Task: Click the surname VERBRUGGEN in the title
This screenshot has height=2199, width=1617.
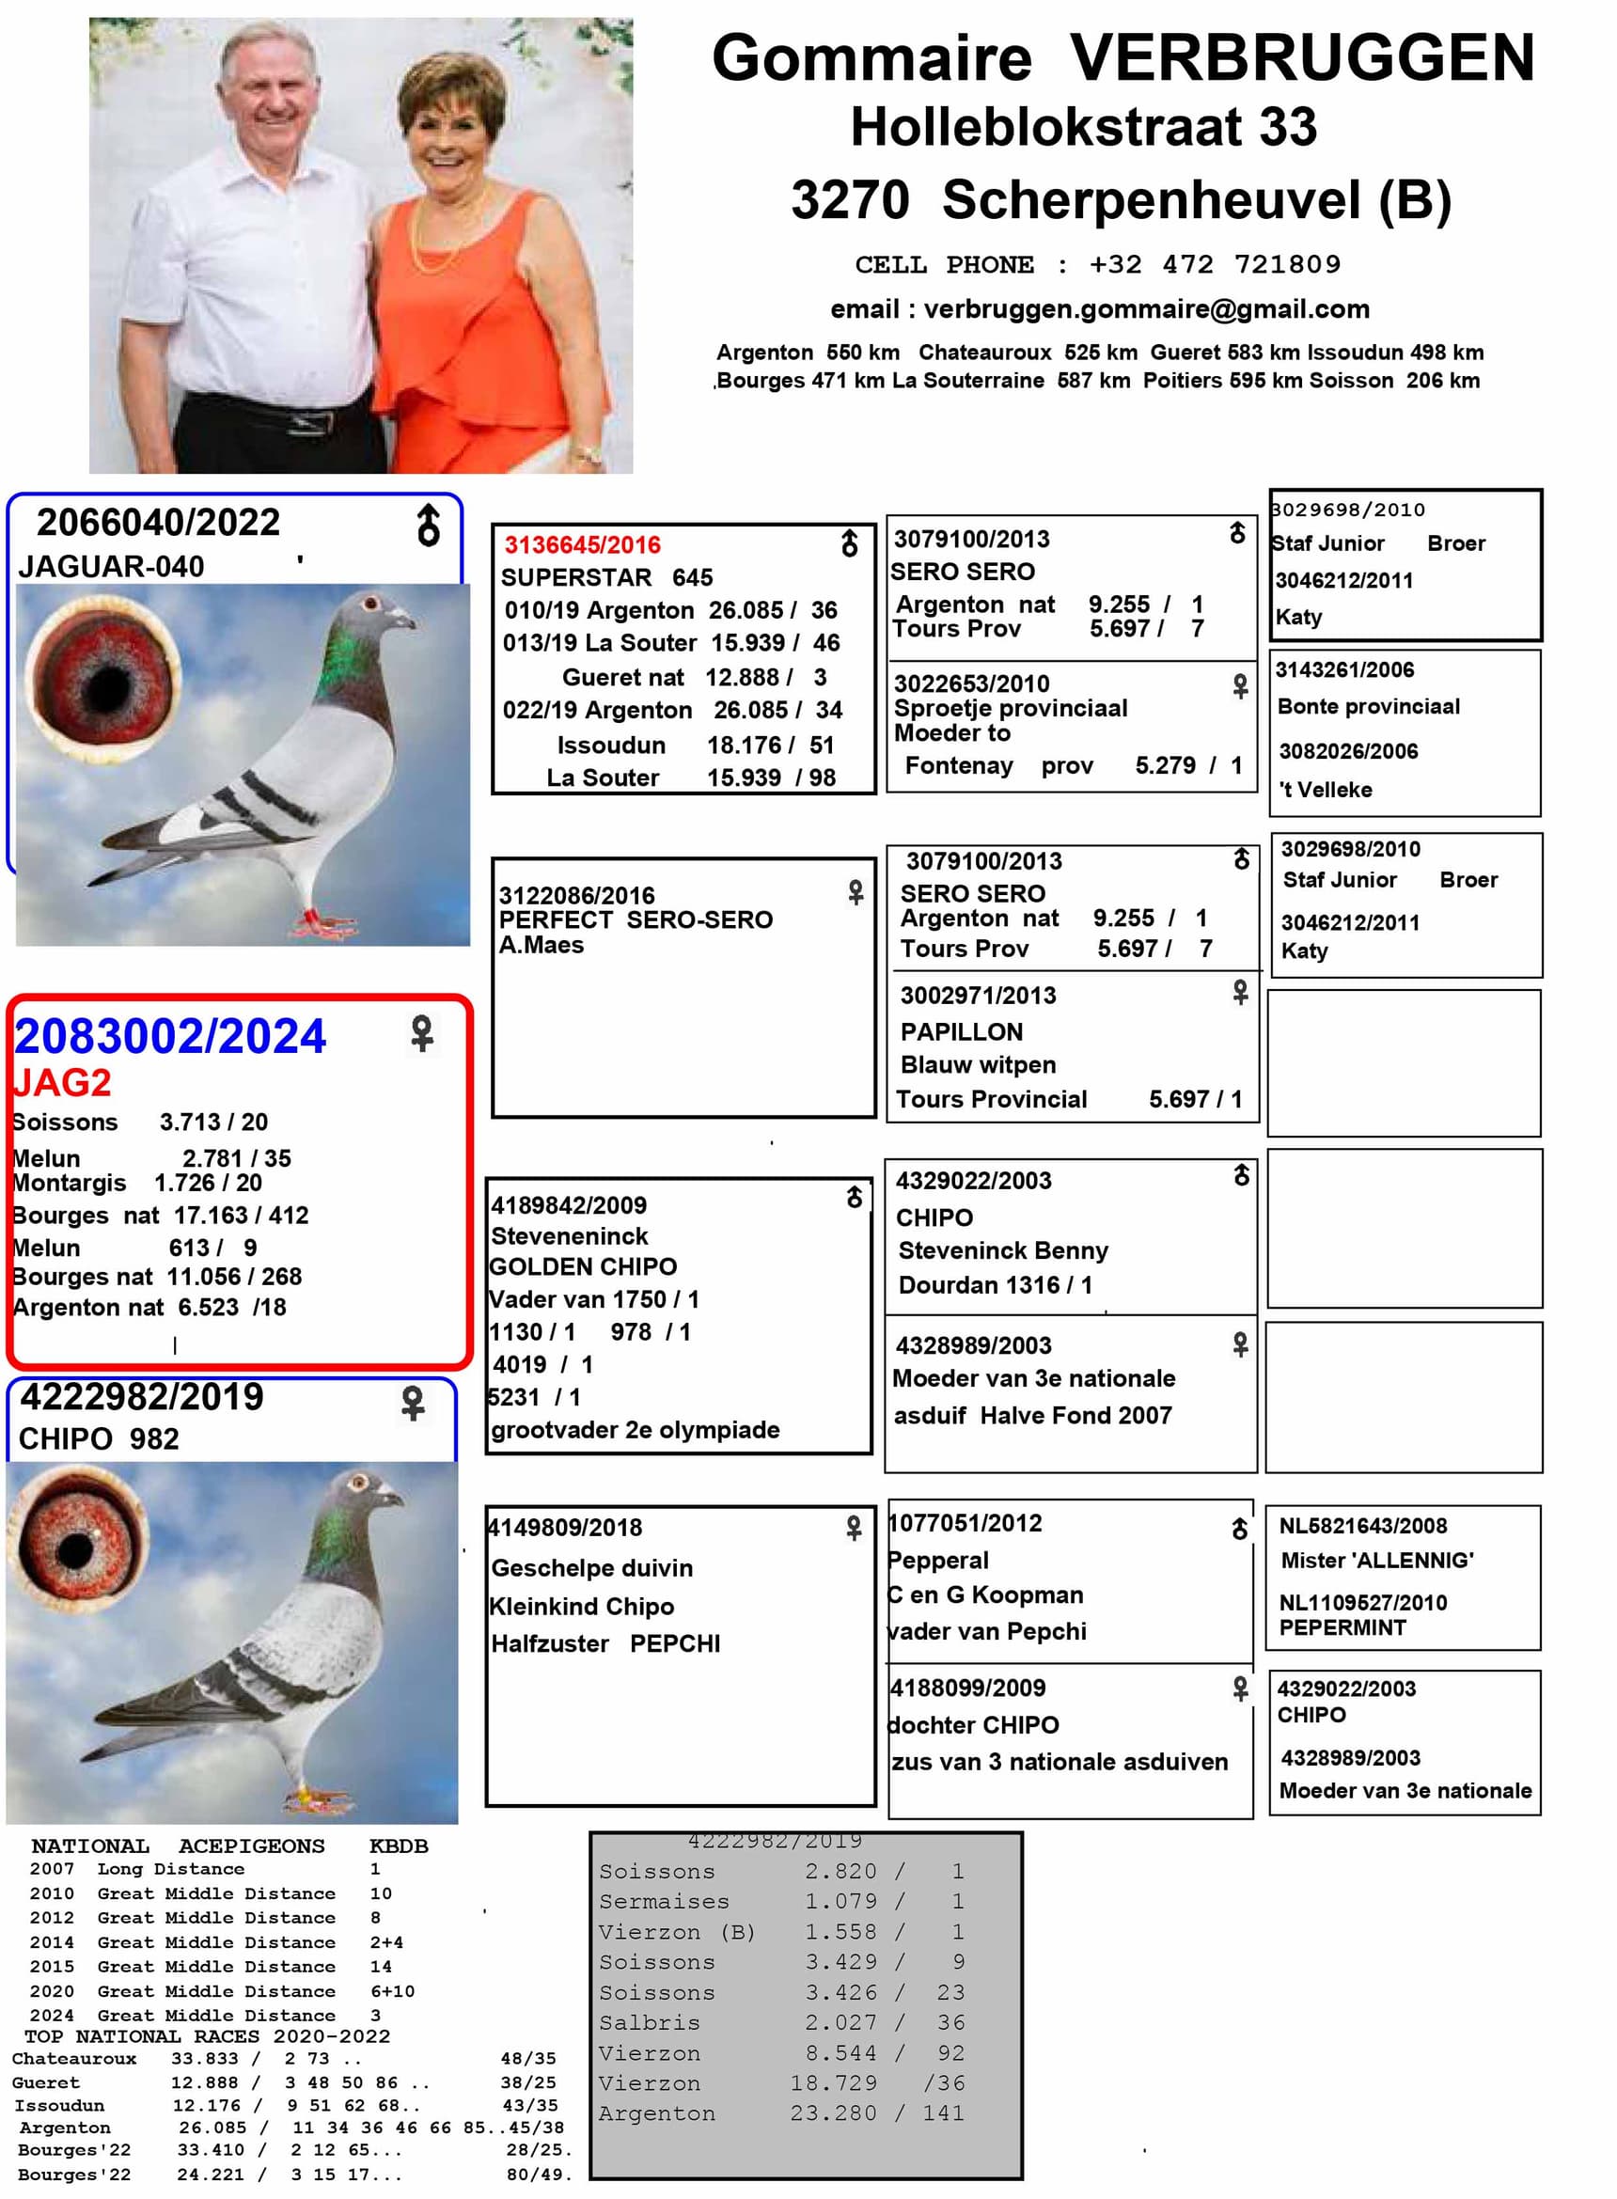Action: coord(1302,57)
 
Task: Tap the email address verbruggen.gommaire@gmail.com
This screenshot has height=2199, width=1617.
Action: coord(1146,309)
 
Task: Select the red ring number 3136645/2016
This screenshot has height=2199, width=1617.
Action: coord(582,545)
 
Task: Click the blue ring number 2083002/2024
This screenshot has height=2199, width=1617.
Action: coord(170,1036)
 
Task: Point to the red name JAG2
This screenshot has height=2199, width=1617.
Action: coord(62,1082)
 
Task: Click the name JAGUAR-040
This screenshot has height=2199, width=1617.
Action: coord(112,567)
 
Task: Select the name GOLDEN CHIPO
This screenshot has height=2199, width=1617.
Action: coord(584,1266)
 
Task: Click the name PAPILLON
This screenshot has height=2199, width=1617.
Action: coord(961,1031)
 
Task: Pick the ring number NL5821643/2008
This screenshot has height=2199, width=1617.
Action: coord(1362,1526)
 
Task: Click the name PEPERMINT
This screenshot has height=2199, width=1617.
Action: coord(1342,1627)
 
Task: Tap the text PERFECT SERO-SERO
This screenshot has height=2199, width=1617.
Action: coord(636,919)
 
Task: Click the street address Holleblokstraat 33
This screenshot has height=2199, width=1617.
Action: coord(1084,127)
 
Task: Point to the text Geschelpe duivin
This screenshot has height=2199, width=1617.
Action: coord(592,1568)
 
